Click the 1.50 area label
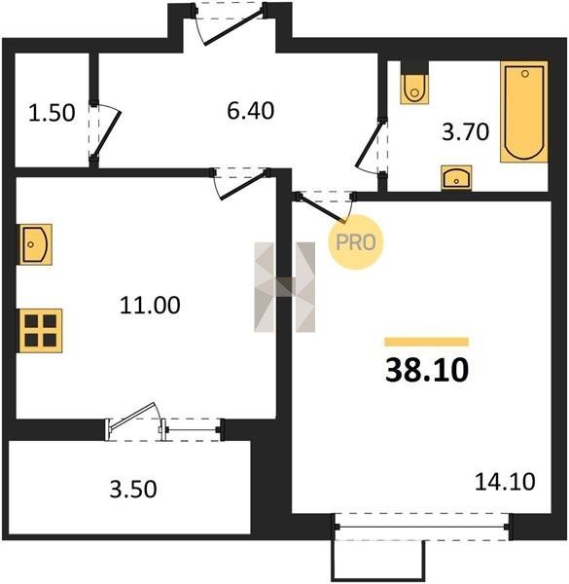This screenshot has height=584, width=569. tap(52, 113)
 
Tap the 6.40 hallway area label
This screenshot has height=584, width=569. tap(250, 111)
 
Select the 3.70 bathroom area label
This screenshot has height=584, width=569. tap(465, 131)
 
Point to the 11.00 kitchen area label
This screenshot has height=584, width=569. tap(150, 305)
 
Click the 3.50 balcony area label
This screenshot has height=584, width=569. tap(133, 489)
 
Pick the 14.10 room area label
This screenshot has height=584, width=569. tap(505, 481)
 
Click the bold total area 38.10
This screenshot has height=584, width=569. tap(427, 370)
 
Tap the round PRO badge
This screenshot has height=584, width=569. tap(355, 242)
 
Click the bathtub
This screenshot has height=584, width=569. tap(524, 112)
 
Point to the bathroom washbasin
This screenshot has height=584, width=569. tap(456, 178)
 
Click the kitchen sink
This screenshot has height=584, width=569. tap(35, 244)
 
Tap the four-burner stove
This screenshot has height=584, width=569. tap(41, 330)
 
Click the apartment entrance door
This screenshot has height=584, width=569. tap(230, 24)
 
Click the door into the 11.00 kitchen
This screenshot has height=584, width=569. tap(240, 184)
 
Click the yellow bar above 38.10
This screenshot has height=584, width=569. tap(426, 342)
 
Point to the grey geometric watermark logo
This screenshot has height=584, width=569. tap(285, 287)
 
